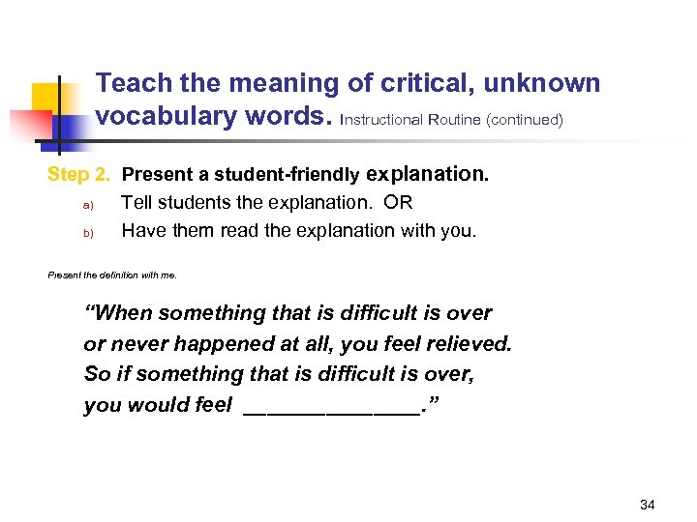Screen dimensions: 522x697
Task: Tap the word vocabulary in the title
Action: click(165, 117)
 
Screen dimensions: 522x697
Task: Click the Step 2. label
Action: click(78, 175)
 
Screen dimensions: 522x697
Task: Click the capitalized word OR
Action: click(398, 203)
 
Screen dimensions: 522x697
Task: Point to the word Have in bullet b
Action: click(141, 231)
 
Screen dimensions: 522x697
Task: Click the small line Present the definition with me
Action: click(112, 275)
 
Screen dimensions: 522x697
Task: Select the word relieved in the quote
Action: click(469, 344)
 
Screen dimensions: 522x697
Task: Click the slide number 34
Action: click(648, 505)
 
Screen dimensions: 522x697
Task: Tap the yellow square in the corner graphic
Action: click(47, 101)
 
